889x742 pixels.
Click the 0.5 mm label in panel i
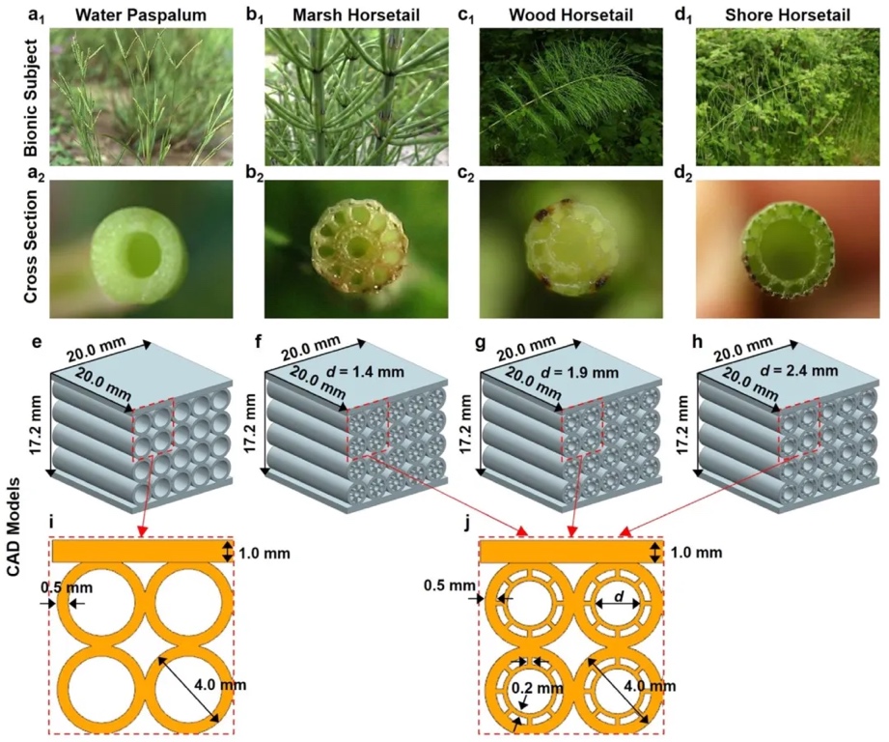61,586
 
